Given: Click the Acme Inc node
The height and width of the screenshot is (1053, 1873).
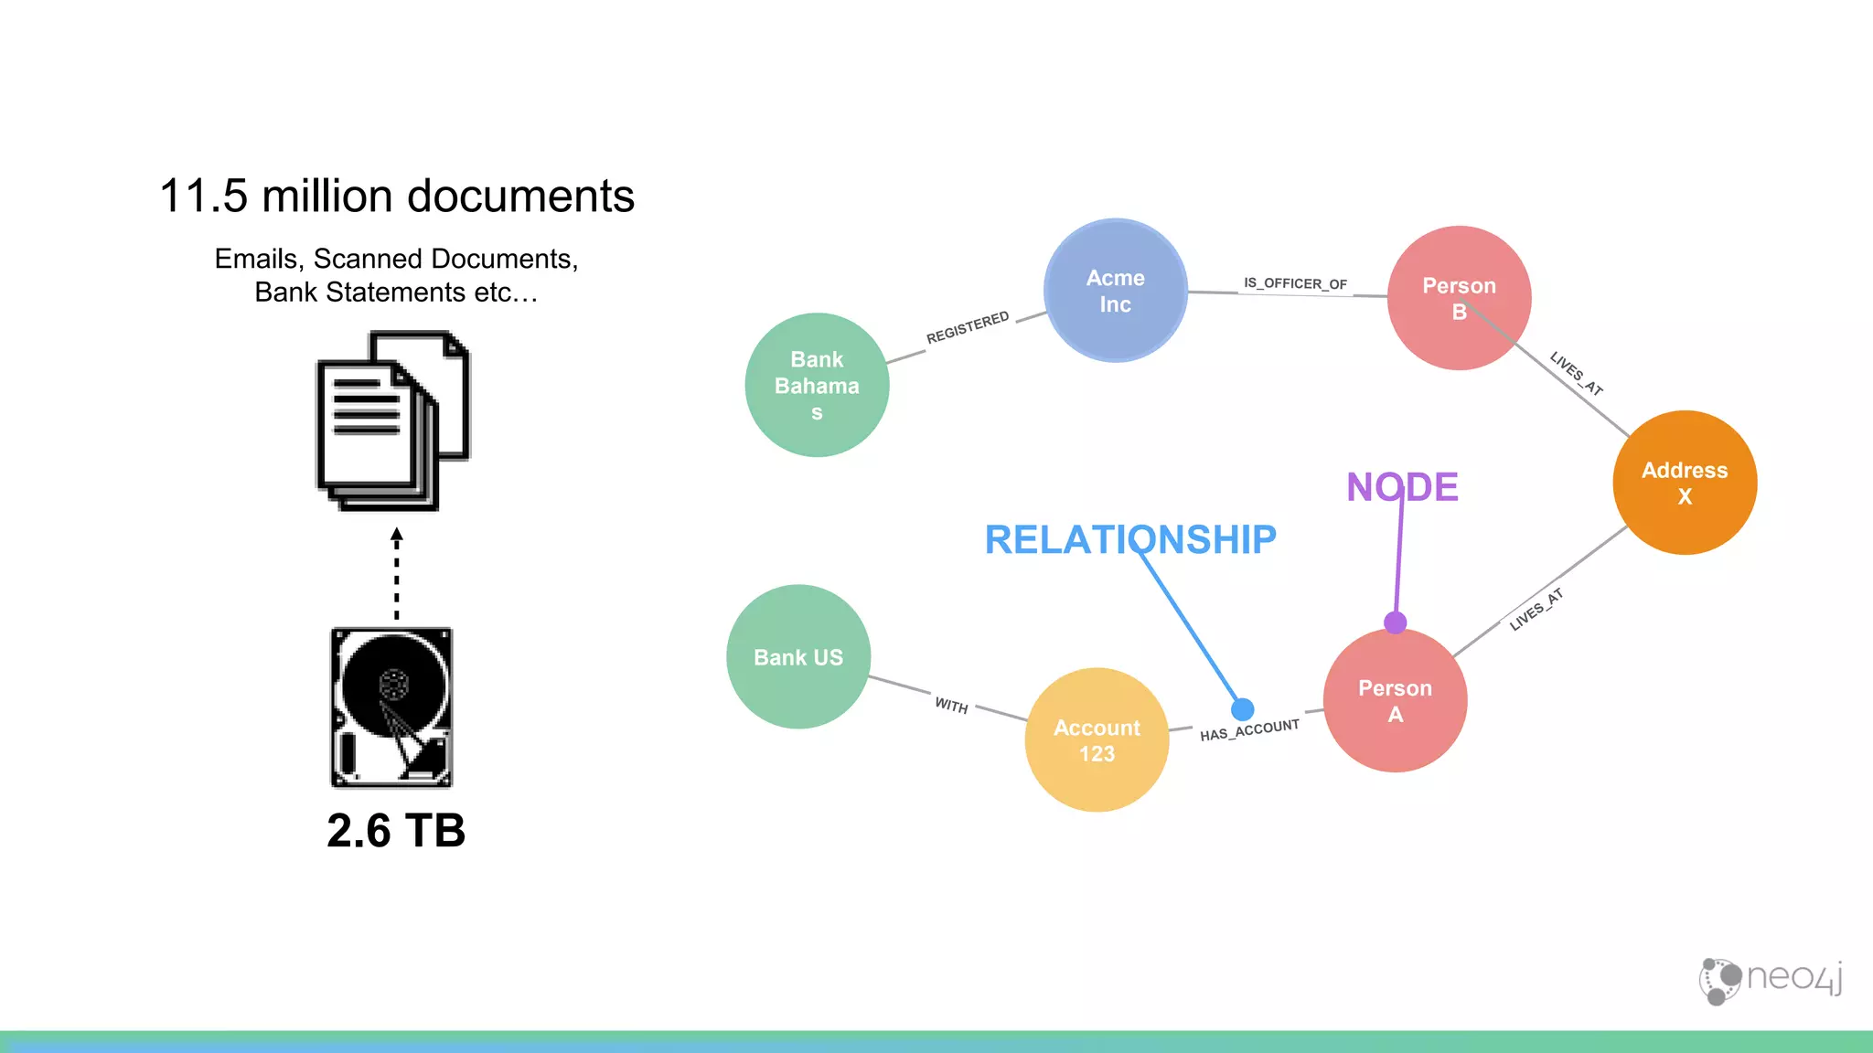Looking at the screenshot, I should click(1115, 291).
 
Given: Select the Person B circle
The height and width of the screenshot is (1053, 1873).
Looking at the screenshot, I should click(1459, 298).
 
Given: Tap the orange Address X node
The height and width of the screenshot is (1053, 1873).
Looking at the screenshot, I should click(1684, 483).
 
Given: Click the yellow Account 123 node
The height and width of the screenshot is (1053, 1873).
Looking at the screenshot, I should click(1097, 740).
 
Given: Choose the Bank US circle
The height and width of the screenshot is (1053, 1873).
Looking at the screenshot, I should click(797, 657).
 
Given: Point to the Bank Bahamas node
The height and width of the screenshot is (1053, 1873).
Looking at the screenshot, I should click(817, 385).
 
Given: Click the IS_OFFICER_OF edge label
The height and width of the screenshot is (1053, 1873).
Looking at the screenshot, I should click(1295, 283).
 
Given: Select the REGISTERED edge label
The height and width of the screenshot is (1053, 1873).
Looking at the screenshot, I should click(968, 327).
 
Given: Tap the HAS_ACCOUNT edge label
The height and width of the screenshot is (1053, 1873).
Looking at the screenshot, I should click(1249, 730).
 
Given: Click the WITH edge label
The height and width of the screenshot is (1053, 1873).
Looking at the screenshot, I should click(951, 706).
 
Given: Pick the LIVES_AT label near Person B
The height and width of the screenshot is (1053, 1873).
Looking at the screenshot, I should click(1576, 374).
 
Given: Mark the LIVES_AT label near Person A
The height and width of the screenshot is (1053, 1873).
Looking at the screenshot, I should click(1536, 610).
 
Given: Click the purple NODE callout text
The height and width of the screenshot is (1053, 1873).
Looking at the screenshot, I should click(1402, 487).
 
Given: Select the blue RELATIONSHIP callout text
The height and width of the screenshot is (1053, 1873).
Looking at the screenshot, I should click(1130, 539).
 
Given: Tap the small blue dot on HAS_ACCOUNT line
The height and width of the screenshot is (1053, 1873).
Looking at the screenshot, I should click(1242, 709).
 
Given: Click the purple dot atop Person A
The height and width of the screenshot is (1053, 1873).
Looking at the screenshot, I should click(1395, 623).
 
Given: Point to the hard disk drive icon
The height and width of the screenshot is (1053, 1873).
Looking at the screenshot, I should click(391, 707).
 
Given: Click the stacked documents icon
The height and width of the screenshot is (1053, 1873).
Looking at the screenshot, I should click(393, 421).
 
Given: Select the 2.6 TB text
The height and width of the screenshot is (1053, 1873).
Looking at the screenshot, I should click(396, 831).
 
